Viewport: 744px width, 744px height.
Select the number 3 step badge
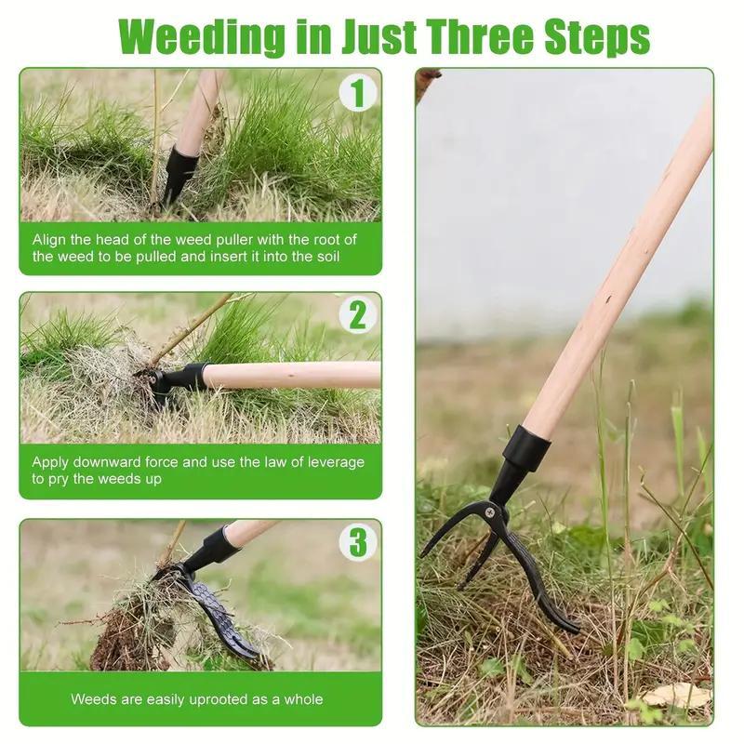(357, 541)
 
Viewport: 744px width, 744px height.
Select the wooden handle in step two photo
(298, 375)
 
